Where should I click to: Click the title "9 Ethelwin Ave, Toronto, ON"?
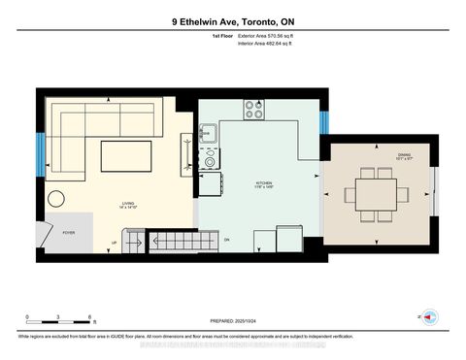click(x=233, y=21)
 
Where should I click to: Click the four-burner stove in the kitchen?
click(x=254, y=111)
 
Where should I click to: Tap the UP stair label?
click(x=115, y=243)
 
